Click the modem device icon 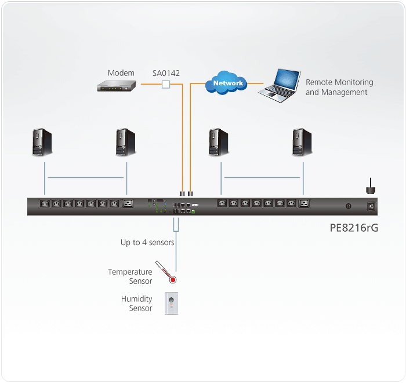pyautogui.click(x=116, y=86)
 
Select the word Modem pyautogui.click(x=121, y=73)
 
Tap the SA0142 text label pyautogui.click(x=166, y=73)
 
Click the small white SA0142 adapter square pyautogui.click(x=166, y=85)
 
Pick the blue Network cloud pyautogui.click(x=227, y=83)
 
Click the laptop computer pyautogui.click(x=279, y=85)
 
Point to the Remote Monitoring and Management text pyautogui.click(x=339, y=87)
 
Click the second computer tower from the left pyautogui.click(x=125, y=143)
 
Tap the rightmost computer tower pyautogui.click(x=302, y=143)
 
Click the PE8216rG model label pyautogui.click(x=354, y=228)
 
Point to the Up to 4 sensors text pyautogui.click(x=147, y=242)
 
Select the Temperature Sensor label pyautogui.click(x=130, y=276)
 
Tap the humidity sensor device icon pyautogui.click(x=171, y=303)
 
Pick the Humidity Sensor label pyautogui.click(x=137, y=304)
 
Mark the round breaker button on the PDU pyautogui.click(x=349, y=206)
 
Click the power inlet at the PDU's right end pyautogui.click(x=371, y=206)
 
